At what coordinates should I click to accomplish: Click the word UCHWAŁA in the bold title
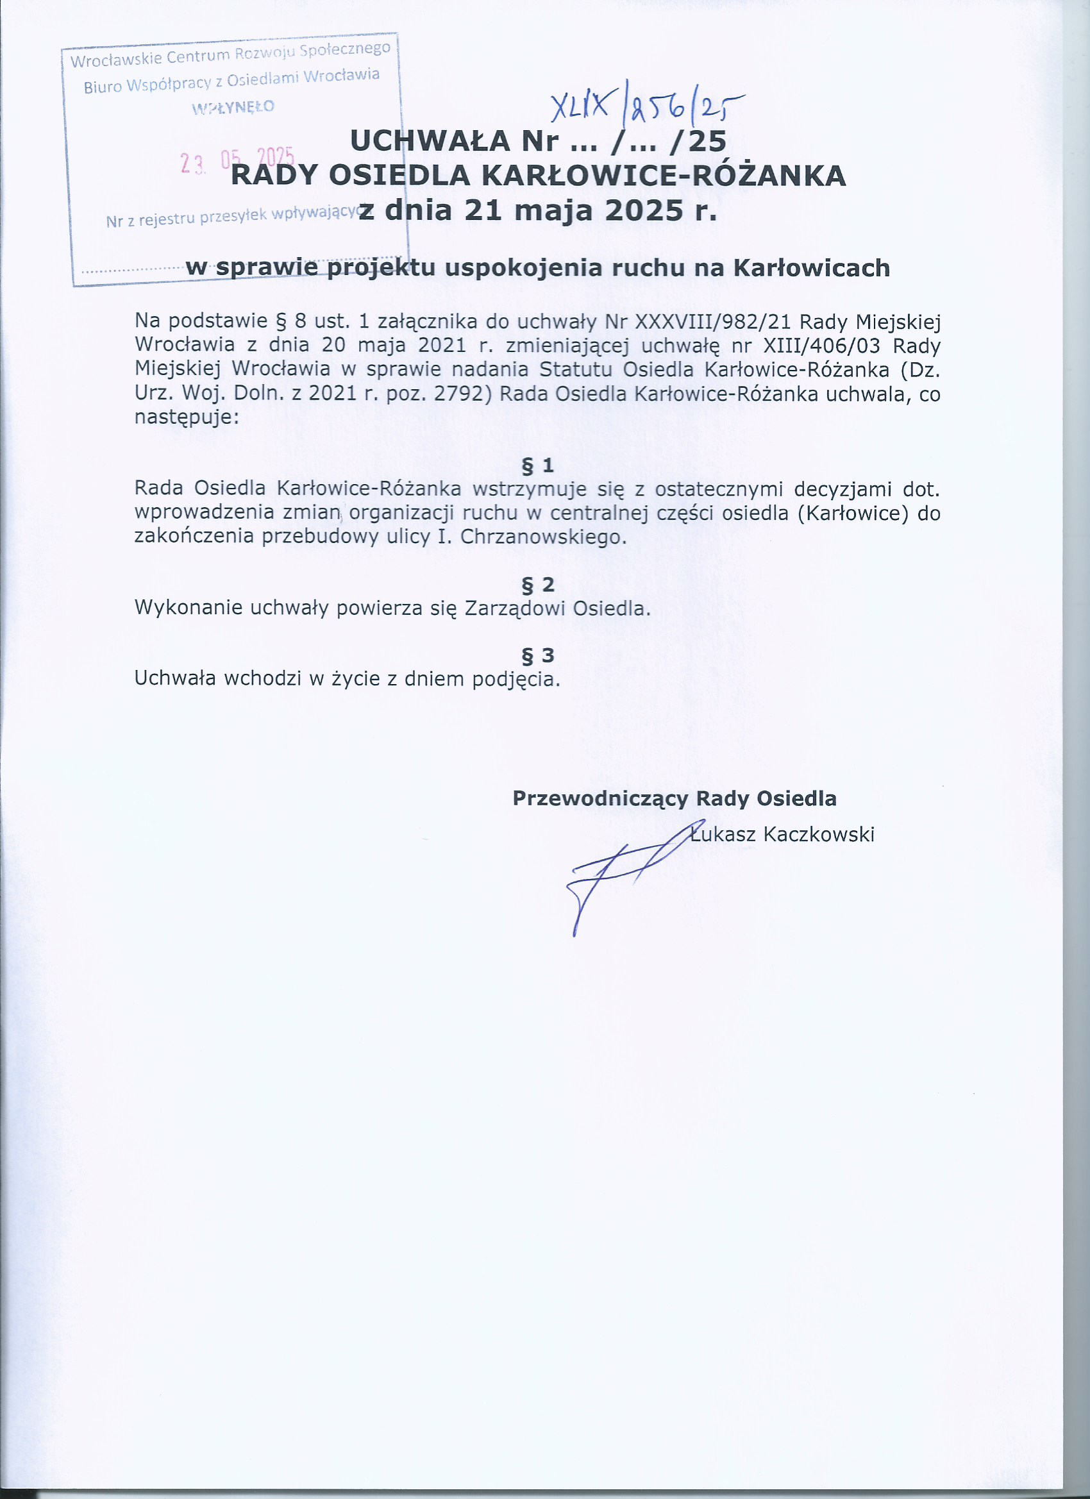pyautogui.click(x=430, y=142)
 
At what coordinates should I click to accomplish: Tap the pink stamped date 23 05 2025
pyautogui.click(x=237, y=160)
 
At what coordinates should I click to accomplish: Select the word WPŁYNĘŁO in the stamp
pyautogui.click(x=233, y=107)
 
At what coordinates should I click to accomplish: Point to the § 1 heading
pyautogui.click(x=538, y=466)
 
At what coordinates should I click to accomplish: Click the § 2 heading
pyautogui.click(x=538, y=584)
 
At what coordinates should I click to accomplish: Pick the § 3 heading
pyautogui.click(x=538, y=655)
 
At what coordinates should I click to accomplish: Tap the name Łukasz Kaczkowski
pyautogui.click(x=782, y=834)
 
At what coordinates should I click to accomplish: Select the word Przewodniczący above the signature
pyautogui.click(x=600, y=798)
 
